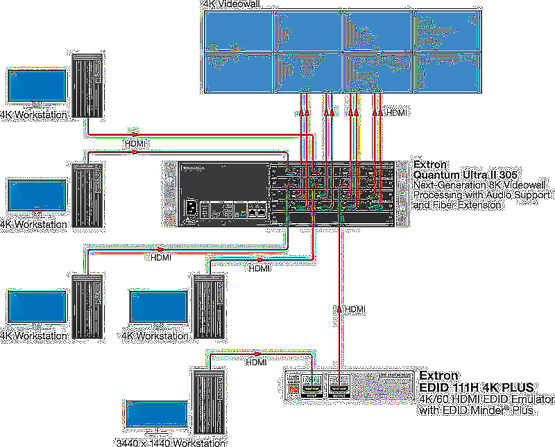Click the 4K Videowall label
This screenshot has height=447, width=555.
tap(227, 5)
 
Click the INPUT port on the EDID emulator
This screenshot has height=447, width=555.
tap(311, 387)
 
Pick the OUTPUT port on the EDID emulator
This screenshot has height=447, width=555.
tap(339, 387)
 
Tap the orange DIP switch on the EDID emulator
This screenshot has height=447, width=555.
tap(293, 390)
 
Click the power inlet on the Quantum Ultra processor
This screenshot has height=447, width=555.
tap(189, 208)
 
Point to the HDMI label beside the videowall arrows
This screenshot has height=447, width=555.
tap(397, 112)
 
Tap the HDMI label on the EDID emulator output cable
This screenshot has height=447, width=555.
tap(355, 309)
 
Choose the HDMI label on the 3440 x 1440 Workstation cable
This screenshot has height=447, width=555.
tap(256, 362)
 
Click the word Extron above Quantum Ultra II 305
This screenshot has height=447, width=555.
tap(431, 164)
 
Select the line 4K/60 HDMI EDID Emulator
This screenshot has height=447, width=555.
tap(485, 400)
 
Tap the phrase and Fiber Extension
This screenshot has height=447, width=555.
tap(457, 205)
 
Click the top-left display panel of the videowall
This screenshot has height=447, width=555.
tap(238, 30)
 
